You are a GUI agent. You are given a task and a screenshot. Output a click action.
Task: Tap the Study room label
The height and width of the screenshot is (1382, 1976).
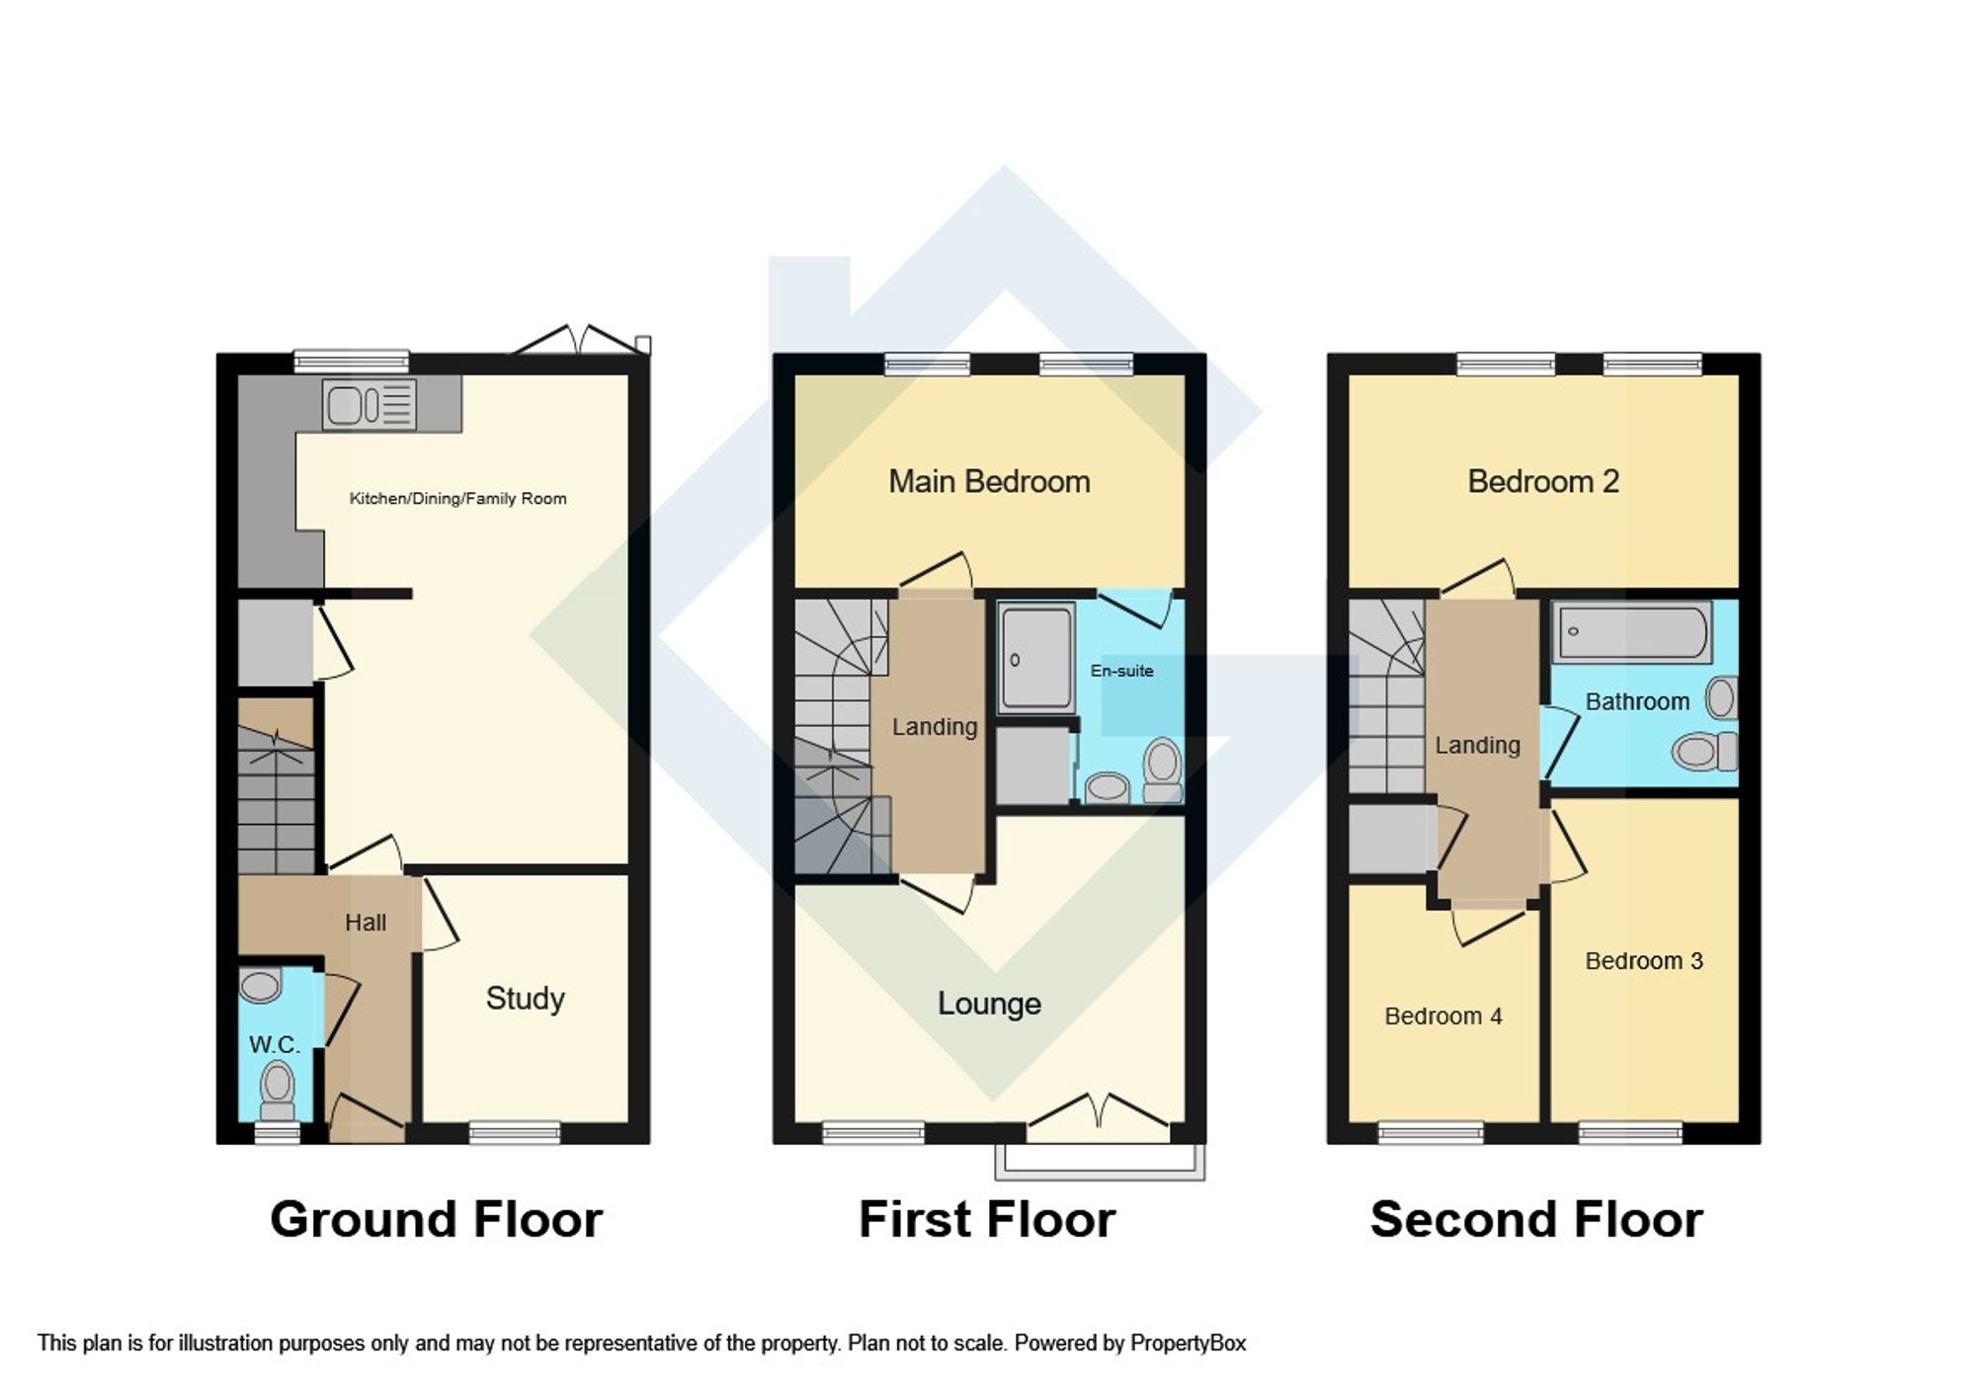(x=525, y=999)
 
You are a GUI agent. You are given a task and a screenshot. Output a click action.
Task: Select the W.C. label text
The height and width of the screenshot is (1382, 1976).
(x=274, y=1044)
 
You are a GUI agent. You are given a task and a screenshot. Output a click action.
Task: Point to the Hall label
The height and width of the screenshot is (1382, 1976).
(x=365, y=923)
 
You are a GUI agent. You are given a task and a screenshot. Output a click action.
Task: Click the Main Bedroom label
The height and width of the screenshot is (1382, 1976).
(x=989, y=482)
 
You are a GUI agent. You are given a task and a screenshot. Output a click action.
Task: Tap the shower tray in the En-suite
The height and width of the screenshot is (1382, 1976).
(x=1035, y=658)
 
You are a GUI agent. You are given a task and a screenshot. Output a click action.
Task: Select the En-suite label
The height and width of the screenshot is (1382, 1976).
(x=1121, y=671)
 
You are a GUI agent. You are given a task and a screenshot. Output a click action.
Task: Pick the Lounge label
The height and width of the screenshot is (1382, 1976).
(x=989, y=1004)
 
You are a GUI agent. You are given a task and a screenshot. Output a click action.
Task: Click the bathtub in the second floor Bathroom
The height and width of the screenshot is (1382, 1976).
(x=1632, y=632)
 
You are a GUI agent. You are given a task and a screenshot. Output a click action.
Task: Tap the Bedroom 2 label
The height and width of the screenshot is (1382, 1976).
(x=1542, y=482)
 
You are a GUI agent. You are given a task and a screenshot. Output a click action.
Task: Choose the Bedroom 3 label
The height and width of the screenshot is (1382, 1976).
(x=1643, y=961)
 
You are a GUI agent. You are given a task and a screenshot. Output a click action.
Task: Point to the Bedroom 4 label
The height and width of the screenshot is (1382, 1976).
(x=1442, y=1016)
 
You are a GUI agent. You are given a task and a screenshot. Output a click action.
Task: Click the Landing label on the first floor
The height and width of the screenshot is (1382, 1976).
(x=934, y=727)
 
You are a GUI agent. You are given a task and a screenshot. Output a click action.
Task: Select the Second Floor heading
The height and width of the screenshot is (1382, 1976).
(x=1536, y=1219)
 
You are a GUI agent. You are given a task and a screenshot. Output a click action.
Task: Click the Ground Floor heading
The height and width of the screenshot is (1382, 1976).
(x=436, y=1219)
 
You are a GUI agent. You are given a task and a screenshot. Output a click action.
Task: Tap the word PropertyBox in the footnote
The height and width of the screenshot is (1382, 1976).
(x=1188, y=1343)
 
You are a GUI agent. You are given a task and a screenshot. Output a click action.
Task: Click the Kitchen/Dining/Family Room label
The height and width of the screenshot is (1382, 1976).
(x=457, y=499)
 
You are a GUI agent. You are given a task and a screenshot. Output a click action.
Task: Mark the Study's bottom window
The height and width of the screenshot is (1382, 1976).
(x=514, y=1133)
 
